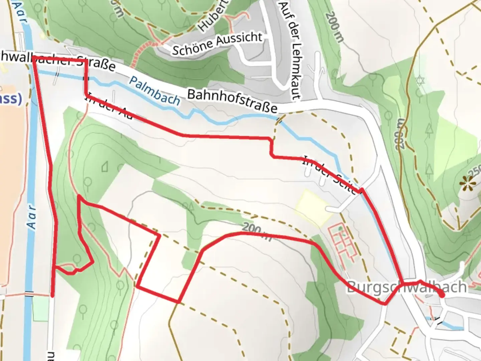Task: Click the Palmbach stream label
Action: tap(154, 91)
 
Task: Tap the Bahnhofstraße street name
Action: tap(232, 101)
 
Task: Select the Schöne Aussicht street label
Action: tap(217, 43)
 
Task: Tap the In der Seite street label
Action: tap(329, 174)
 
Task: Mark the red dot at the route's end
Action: tap(442, 295)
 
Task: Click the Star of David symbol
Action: tap(420, 81)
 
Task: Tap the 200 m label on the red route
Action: tap(257, 231)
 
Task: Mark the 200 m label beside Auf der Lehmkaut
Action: tap(335, 27)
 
